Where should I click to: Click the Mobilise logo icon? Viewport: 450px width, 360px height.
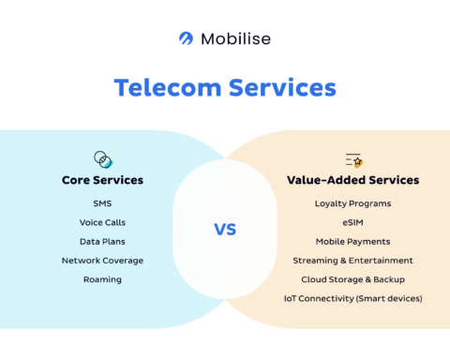tap(186, 38)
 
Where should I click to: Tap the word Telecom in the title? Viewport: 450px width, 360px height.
tap(165, 88)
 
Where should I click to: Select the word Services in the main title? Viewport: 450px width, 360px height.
tap(279, 88)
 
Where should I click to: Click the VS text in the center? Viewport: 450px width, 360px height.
tap(224, 230)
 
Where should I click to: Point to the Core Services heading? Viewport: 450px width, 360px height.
tap(102, 180)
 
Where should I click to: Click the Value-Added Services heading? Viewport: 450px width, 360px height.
tap(352, 180)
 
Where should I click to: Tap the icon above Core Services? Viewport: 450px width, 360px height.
tap(102, 158)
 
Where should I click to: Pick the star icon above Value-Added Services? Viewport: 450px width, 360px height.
tap(352, 159)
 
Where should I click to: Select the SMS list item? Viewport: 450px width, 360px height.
tap(102, 203)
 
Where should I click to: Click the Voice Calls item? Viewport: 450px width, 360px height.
tap(102, 222)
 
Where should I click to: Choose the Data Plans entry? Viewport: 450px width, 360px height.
tap(102, 241)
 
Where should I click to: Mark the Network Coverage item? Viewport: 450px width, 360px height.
tap(102, 261)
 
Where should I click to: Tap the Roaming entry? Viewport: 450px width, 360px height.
tap(102, 279)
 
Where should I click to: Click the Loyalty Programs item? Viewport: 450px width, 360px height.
tap(352, 203)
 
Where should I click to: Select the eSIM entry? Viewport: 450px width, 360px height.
tap(352, 222)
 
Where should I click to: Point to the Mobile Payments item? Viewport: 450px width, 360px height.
tap(352, 241)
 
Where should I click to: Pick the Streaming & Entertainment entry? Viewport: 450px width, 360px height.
tap(352, 261)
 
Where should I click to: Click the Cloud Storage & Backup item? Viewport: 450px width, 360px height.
tap(352, 279)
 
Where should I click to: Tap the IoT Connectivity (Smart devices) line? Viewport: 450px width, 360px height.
tap(352, 298)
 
